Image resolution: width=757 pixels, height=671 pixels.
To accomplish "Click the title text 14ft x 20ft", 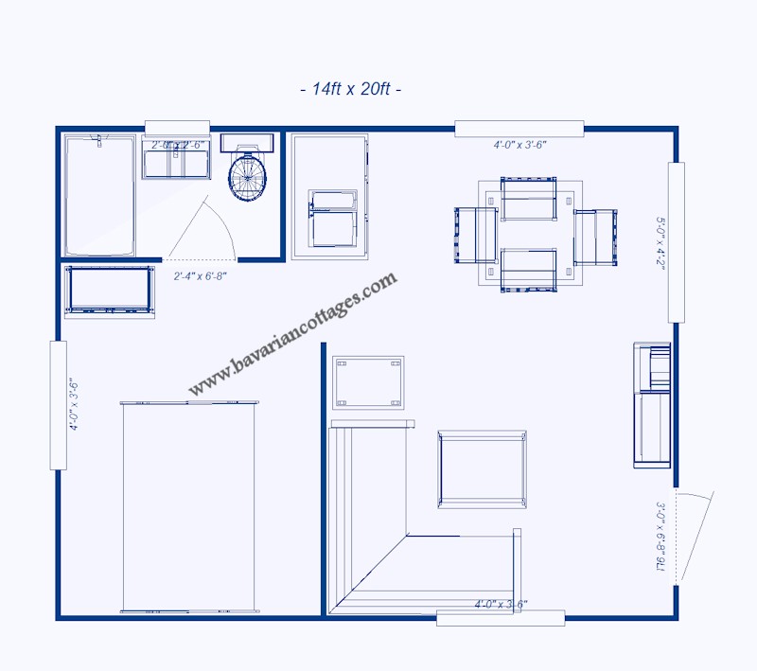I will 350,90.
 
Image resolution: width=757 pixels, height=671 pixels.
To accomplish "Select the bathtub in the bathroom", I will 98,194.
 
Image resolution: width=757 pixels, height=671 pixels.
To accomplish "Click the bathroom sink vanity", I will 176,159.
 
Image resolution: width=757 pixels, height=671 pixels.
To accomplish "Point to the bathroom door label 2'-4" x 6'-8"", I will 200,276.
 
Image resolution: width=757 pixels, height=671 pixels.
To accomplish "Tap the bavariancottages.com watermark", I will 292,334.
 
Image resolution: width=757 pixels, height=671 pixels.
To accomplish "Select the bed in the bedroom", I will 189,507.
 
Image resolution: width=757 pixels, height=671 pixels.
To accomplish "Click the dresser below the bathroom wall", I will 109,291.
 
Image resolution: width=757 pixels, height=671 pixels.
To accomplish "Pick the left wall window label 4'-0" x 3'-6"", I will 73,405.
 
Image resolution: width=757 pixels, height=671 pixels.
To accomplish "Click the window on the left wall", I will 58,405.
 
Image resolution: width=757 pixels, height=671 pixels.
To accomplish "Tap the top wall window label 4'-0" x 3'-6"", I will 519,145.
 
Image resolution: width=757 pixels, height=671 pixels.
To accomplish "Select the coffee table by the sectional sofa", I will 482,468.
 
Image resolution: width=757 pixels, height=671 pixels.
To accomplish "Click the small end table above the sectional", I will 368,381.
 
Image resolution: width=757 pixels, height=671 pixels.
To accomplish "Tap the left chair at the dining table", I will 476,235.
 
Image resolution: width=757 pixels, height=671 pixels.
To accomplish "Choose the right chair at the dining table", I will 595,236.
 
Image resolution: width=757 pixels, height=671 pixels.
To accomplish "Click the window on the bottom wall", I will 501,618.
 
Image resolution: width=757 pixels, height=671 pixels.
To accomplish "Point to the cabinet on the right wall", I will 652,405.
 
